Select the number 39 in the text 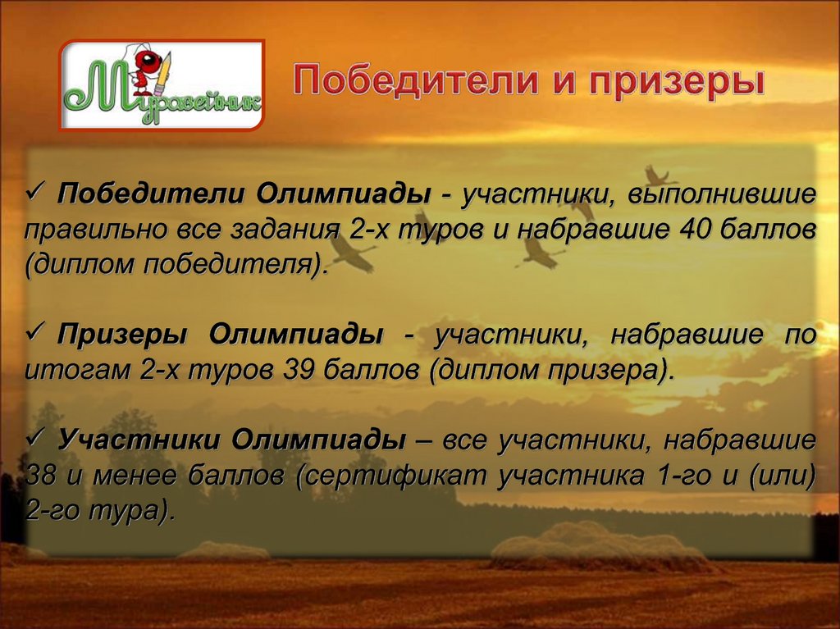pyautogui.click(x=299, y=369)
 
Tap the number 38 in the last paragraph pyautogui.click(x=42, y=475)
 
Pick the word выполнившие pyautogui.click(x=723, y=195)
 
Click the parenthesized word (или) pyautogui.click(x=780, y=476)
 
